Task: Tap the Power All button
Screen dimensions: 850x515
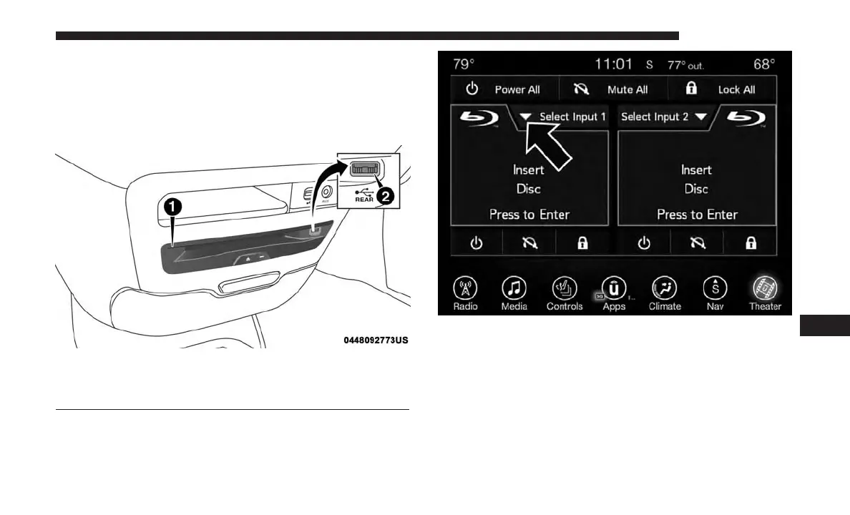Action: coord(504,90)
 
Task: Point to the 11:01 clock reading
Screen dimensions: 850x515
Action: coord(614,64)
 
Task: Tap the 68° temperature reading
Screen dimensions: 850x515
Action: coord(764,64)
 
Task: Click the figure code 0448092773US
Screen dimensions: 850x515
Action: coord(375,340)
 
